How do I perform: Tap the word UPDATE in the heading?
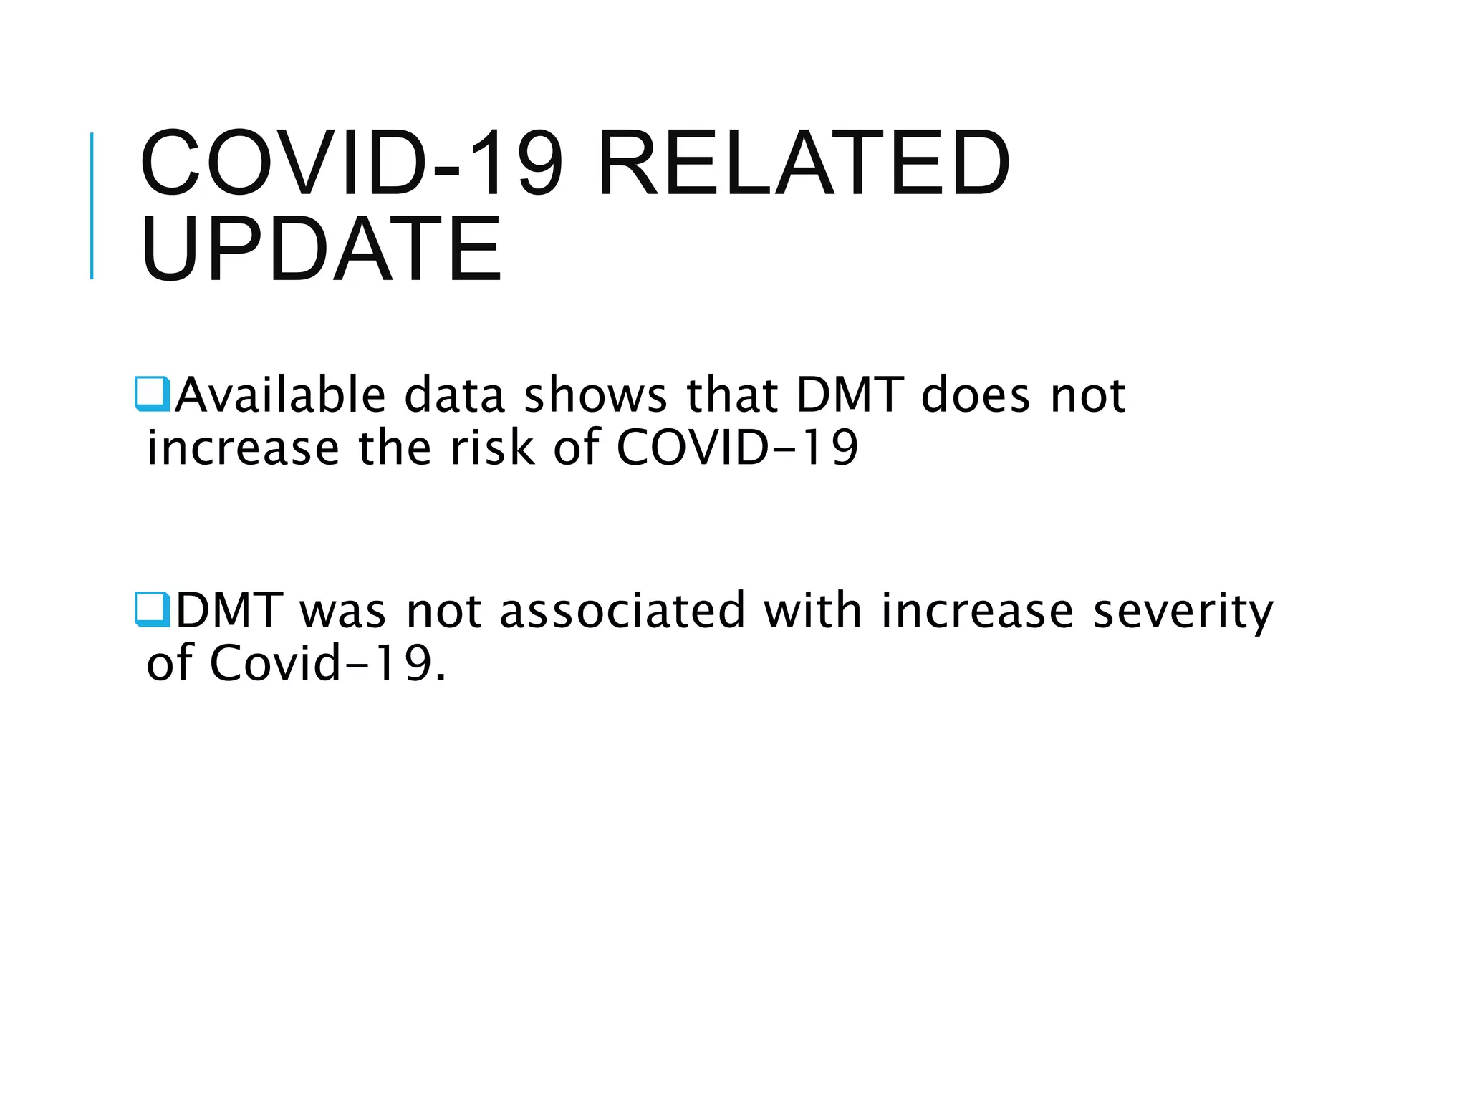(322, 249)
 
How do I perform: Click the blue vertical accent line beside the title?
(92, 206)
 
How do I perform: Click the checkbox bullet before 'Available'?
(153, 394)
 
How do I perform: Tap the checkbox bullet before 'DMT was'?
(153, 609)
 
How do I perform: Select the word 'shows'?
(596, 396)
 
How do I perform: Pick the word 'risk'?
(492, 448)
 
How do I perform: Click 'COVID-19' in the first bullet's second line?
(737, 448)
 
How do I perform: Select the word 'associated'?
(622, 611)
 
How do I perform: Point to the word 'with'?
(813, 611)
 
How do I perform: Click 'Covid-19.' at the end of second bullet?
(328, 663)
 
